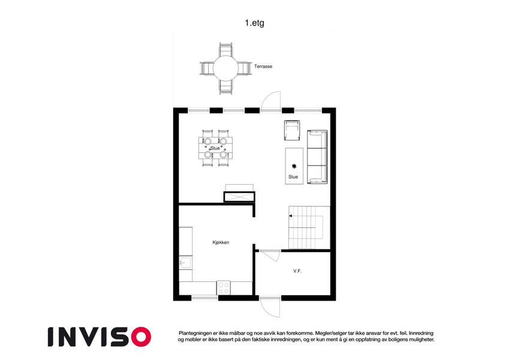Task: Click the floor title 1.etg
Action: click(254, 23)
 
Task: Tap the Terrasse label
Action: click(263, 66)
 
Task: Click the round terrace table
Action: click(225, 68)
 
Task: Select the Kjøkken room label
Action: click(221, 242)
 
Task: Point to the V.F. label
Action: click(297, 271)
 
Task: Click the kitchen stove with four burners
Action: click(224, 287)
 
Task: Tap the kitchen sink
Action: click(186, 263)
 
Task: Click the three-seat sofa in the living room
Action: click(317, 157)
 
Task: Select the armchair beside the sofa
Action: click(292, 130)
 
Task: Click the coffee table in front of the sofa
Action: click(294, 166)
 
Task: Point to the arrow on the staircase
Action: click(291, 216)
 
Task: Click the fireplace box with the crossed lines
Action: click(239, 197)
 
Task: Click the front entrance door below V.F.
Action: click(270, 307)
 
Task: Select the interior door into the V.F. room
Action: click(270, 255)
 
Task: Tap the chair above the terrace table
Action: click(225, 50)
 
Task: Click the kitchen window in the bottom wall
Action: click(205, 298)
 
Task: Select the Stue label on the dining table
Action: click(215, 148)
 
